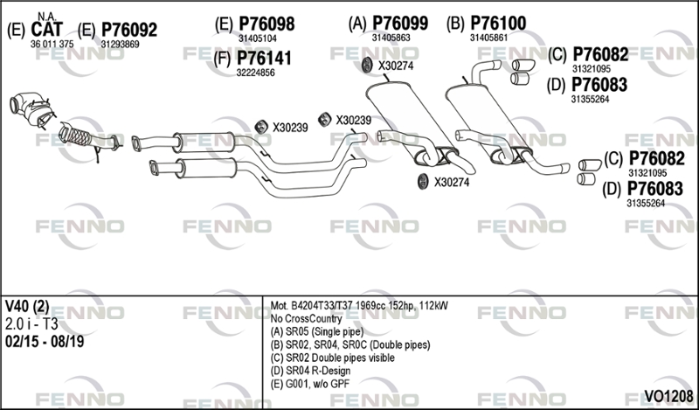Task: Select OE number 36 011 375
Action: (52, 44)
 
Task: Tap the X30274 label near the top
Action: (396, 66)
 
